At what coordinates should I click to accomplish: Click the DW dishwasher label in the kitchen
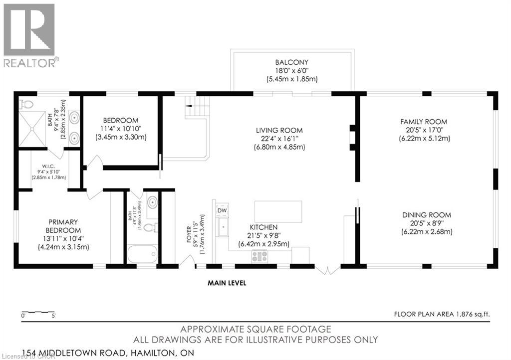click(222, 211)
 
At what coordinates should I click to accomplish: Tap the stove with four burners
click(259, 256)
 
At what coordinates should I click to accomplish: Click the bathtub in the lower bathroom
click(142, 254)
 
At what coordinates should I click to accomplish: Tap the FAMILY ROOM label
click(424, 121)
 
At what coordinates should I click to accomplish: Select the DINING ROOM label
click(427, 215)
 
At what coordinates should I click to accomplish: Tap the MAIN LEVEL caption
click(227, 283)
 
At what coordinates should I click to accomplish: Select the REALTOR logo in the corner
click(30, 35)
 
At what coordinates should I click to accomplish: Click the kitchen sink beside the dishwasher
click(222, 229)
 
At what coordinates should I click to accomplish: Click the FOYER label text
click(189, 234)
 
